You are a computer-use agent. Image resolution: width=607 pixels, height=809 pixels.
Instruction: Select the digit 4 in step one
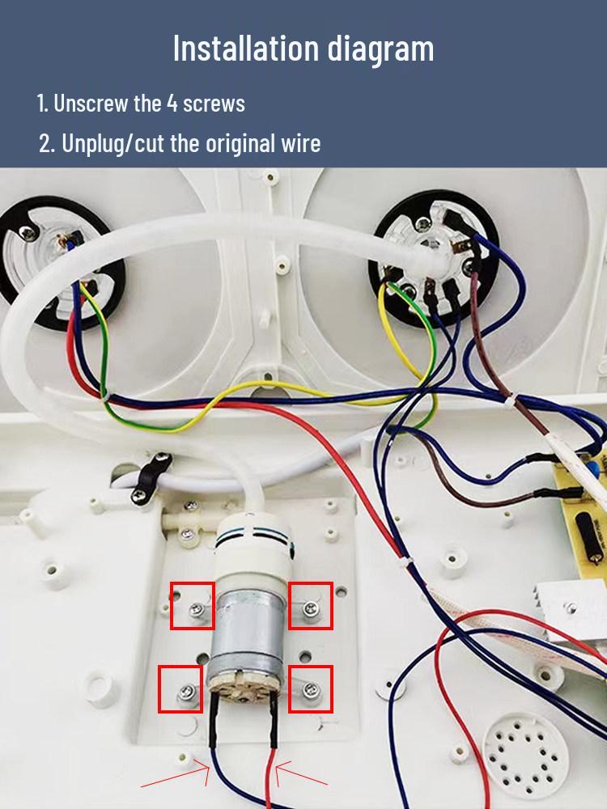[172, 104]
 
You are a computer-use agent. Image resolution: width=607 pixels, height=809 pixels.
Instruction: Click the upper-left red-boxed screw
[196, 610]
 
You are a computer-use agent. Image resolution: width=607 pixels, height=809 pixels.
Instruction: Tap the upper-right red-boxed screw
[310, 609]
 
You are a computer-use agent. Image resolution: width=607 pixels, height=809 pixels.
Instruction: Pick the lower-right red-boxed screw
[311, 688]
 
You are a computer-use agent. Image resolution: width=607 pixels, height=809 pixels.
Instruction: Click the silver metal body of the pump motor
[248, 634]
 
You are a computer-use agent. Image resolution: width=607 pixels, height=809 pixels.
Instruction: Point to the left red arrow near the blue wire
[176, 777]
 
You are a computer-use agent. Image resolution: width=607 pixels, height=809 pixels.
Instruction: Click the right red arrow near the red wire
[301, 774]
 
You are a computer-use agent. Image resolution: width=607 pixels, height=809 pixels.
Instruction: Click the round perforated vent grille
[525, 756]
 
